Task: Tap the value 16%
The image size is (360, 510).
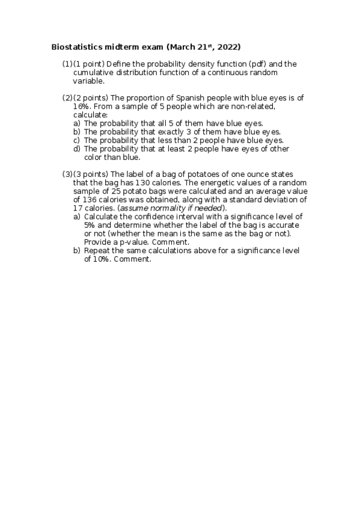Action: tap(82, 106)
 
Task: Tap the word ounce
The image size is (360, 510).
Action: tap(253, 174)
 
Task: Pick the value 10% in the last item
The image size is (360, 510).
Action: tap(93, 259)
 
